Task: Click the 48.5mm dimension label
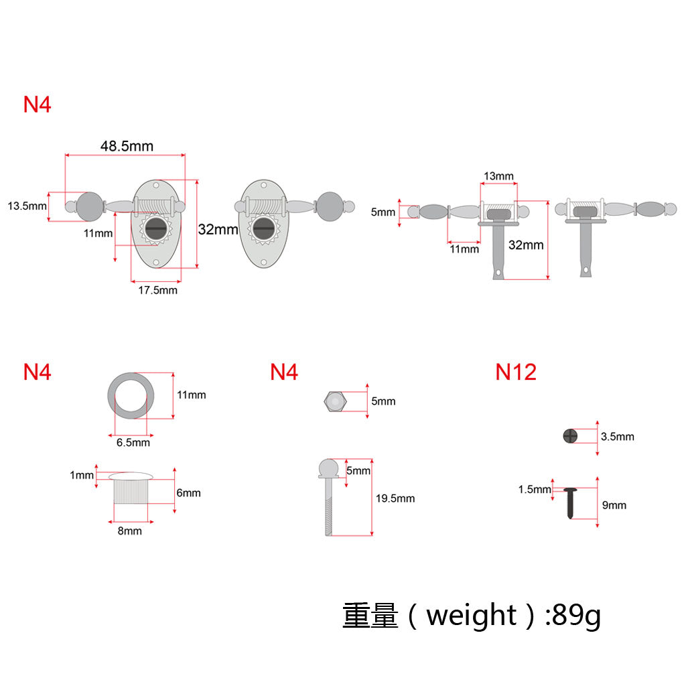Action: [127, 145]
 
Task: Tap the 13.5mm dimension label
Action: [27, 206]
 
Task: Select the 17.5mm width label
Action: [157, 290]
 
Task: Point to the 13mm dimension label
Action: [498, 176]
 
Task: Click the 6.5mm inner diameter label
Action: [133, 442]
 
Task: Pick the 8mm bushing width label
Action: [130, 531]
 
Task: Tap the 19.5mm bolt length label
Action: [395, 498]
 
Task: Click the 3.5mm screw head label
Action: [617, 437]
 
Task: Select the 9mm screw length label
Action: [614, 505]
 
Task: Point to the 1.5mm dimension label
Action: [535, 490]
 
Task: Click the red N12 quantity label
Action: [516, 372]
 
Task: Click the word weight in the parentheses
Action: [471, 615]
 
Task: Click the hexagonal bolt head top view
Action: [334, 401]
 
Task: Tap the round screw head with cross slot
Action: [569, 436]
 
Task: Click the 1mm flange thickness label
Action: [82, 475]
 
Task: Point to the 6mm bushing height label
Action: [188, 493]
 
